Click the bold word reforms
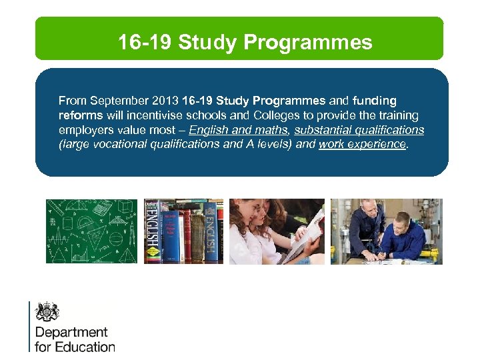click(80, 115)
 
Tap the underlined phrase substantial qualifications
click(359, 130)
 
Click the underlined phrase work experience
click(362, 144)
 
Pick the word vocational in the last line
click(115, 144)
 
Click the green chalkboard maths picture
click(91, 231)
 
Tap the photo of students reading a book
click(277, 231)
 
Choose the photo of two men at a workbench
click(386, 231)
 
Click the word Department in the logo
click(71, 332)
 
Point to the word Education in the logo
click(85, 347)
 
